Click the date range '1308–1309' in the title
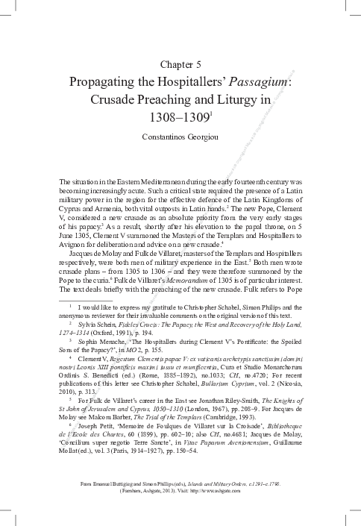(x=178, y=117)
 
